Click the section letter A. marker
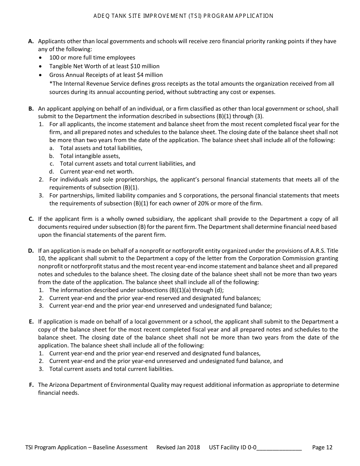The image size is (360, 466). pyautogui.click(x=31, y=41)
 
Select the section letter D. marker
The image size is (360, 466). pyautogui.click(x=31, y=251)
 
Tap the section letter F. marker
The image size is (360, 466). pyautogui.click(x=31, y=385)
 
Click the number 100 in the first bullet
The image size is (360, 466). pyautogui.click(x=55, y=58)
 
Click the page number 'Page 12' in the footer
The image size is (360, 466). pyautogui.click(x=322, y=447)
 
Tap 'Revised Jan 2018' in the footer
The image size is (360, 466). pyautogui.click(x=178, y=447)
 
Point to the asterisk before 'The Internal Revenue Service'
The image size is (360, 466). pyautogui.click(x=51, y=84)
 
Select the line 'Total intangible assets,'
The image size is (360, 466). pyautogui.click(x=90, y=156)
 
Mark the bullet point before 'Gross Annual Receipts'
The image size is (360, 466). pyautogui.click(x=41, y=75)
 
